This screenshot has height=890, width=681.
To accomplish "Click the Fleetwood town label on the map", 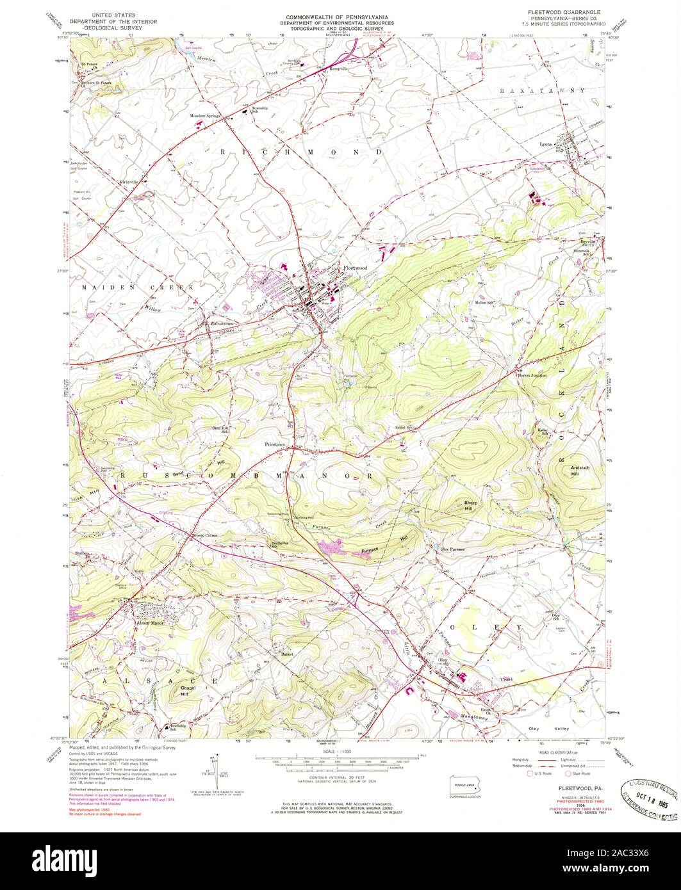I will pyautogui.click(x=355, y=268).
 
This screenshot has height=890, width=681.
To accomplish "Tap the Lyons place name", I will pyautogui.click(x=545, y=144).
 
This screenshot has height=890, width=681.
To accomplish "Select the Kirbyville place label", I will pyautogui.click(x=130, y=181).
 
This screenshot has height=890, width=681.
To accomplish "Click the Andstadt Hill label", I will pyautogui.click(x=579, y=471).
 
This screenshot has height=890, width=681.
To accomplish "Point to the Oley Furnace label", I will pyautogui.click(x=452, y=549).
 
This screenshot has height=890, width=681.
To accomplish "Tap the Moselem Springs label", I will pyautogui.click(x=205, y=116).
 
